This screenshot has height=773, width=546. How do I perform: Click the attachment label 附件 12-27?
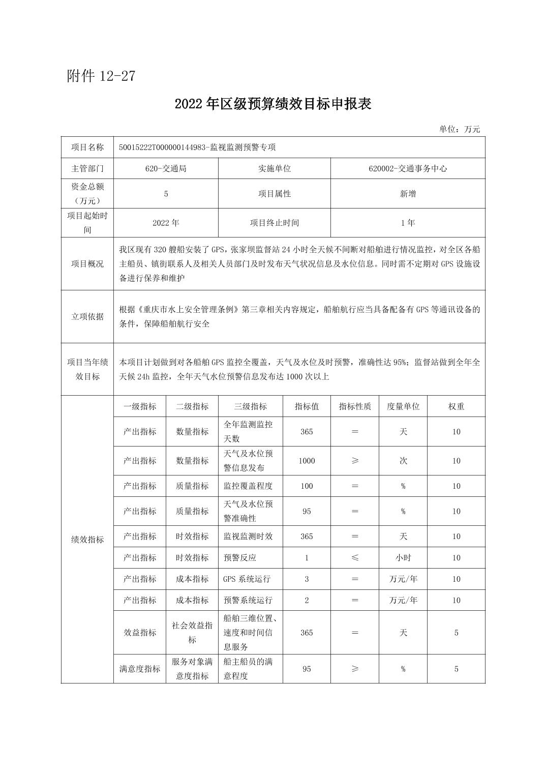(x=101, y=76)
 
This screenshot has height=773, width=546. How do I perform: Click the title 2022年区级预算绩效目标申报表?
(x=273, y=104)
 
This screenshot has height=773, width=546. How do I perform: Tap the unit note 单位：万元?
(x=460, y=129)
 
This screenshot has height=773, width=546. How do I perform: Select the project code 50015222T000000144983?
(x=161, y=147)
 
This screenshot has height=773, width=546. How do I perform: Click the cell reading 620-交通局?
(x=166, y=168)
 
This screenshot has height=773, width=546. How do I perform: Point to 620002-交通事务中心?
(x=408, y=168)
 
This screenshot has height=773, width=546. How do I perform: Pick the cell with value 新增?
(x=408, y=194)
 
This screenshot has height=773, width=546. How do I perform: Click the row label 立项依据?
(x=87, y=317)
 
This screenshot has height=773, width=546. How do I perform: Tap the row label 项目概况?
(x=87, y=264)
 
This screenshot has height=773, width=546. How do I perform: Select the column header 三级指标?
(x=250, y=406)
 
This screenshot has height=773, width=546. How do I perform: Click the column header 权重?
(x=456, y=406)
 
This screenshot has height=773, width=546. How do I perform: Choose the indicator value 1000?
(x=307, y=461)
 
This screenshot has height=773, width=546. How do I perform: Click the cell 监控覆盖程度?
(x=248, y=486)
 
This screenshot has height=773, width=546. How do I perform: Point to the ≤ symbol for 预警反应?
(x=355, y=558)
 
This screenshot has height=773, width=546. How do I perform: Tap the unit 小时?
(x=403, y=558)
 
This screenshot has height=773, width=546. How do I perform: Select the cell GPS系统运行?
(x=247, y=579)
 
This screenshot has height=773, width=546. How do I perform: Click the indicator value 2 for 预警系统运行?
(x=307, y=601)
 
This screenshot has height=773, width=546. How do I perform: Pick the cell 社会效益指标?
(x=192, y=633)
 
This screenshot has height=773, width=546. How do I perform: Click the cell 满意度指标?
(x=140, y=669)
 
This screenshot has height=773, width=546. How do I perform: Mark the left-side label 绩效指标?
(x=87, y=540)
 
